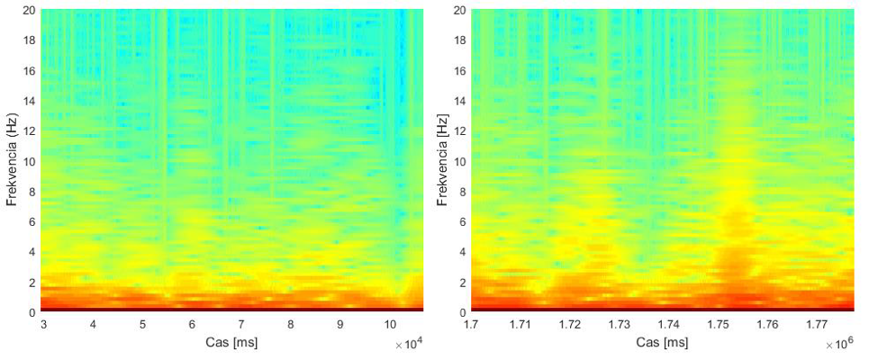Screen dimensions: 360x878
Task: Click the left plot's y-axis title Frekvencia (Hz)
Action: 13,161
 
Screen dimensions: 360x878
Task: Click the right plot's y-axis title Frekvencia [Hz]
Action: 442,161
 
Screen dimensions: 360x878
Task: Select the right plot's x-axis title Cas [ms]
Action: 662,342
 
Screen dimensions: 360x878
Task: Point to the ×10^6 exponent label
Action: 838,345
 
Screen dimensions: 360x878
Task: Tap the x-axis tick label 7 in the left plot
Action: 241,324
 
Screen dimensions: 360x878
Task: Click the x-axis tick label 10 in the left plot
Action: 390,324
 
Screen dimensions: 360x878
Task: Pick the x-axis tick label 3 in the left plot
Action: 43,324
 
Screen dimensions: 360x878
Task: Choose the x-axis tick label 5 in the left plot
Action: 142,324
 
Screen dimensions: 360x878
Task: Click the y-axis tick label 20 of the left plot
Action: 30,11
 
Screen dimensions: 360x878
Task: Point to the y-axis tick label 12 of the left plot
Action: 30,131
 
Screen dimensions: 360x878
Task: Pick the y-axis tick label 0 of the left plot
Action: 33,312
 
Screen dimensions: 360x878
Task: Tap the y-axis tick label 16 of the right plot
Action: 459,71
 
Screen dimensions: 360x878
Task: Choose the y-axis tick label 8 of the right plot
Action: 463,192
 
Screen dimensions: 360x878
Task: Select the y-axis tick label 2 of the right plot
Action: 463,283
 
